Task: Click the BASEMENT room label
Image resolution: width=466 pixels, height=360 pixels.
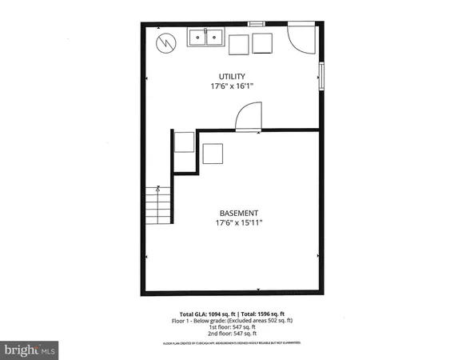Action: click(x=238, y=214)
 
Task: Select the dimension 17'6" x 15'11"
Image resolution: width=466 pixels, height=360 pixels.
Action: click(x=239, y=225)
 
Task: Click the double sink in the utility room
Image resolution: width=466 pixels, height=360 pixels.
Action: click(x=206, y=37)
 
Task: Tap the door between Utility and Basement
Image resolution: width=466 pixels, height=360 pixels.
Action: click(x=247, y=117)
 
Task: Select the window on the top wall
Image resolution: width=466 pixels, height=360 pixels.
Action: click(x=257, y=23)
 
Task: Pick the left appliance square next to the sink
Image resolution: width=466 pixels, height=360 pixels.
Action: click(x=239, y=45)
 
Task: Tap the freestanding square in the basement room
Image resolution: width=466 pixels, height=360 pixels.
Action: click(x=213, y=153)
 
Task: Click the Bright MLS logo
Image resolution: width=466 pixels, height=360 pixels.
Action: click(x=30, y=350)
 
